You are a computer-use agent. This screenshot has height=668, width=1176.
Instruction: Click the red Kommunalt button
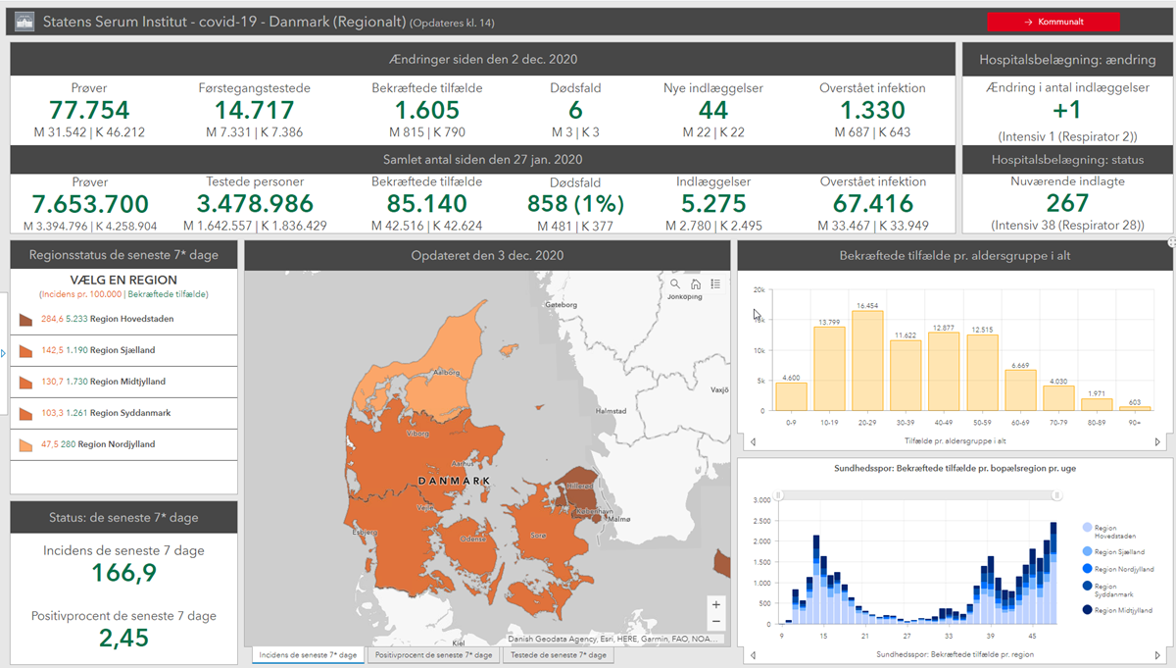click(x=1053, y=22)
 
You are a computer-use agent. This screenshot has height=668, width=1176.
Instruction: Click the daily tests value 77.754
click(x=90, y=111)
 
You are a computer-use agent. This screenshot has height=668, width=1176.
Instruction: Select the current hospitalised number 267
click(x=1067, y=203)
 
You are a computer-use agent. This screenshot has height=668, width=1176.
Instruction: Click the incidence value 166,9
click(x=123, y=573)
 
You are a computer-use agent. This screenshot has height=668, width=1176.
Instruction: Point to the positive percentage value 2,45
click(x=123, y=638)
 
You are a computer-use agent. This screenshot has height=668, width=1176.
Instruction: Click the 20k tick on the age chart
click(x=758, y=291)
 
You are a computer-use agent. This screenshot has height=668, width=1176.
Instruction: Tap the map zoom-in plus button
click(x=716, y=605)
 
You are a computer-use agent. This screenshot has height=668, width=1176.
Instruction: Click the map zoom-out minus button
click(x=716, y=622)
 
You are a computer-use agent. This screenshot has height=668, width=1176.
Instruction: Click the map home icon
click(x=696, y=284)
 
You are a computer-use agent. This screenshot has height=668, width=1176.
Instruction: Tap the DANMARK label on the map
click(x=453, y=480)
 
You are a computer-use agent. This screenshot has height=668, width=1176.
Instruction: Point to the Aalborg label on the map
click(x=448, y=373)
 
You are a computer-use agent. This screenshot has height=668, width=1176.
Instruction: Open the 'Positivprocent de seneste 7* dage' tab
click(x=433, y=655)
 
